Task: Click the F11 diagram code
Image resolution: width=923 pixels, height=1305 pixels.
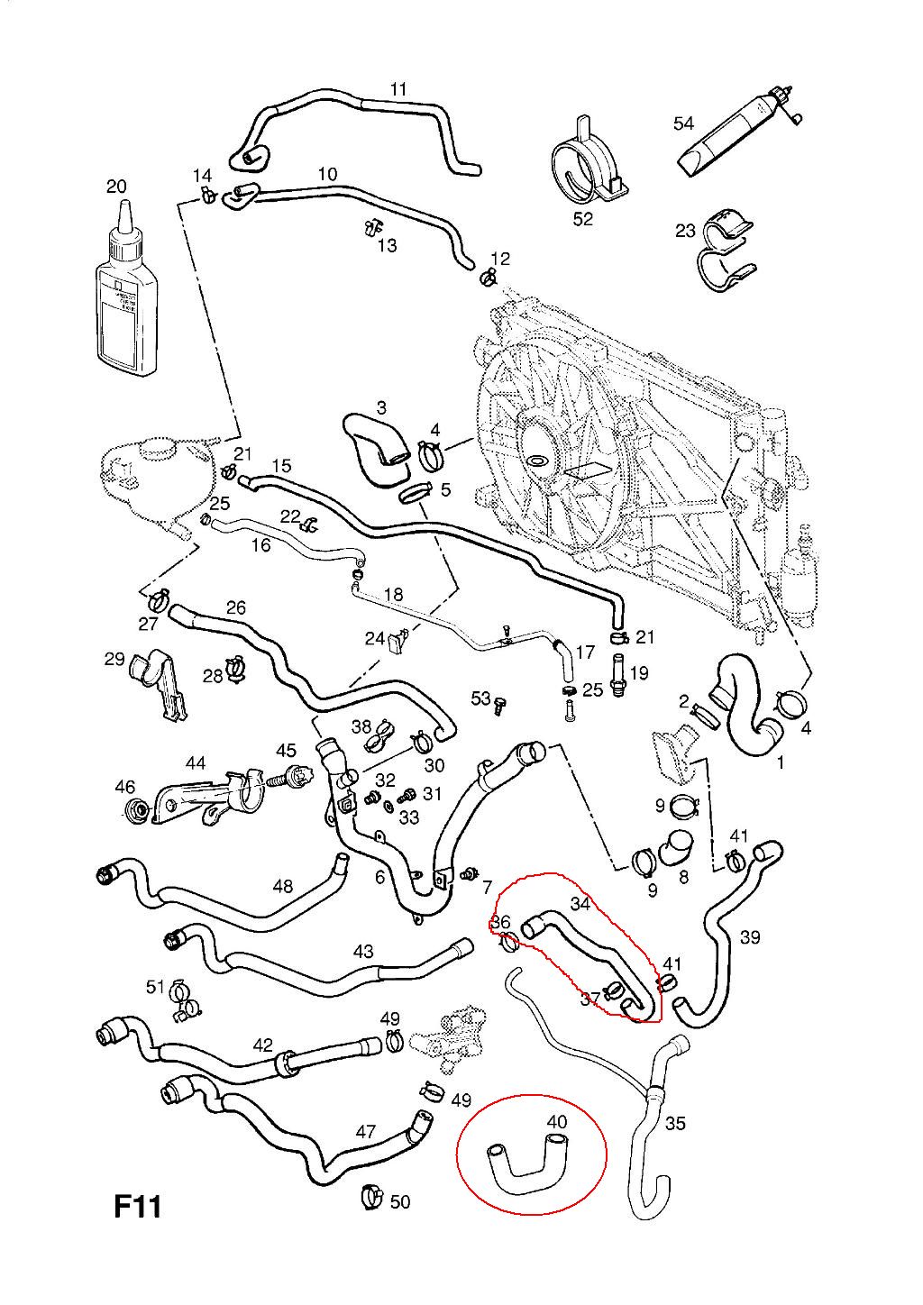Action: tap(137, 1206)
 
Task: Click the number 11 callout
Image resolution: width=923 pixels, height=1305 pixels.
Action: tap(398, 89)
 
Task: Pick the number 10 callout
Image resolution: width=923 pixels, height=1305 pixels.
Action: tap(326, 173)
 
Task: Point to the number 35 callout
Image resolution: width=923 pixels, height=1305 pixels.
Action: tap(675, 1123)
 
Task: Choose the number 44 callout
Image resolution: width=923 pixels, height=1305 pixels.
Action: tap(195, 763)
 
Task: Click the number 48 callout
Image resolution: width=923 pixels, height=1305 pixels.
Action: tap(282, 886)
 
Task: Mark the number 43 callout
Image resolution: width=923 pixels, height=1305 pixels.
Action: tap(363, 951)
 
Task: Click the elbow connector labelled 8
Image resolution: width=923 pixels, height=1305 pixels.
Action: tap(676, 846)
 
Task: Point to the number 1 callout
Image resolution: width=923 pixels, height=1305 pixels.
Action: tap(781, 762)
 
